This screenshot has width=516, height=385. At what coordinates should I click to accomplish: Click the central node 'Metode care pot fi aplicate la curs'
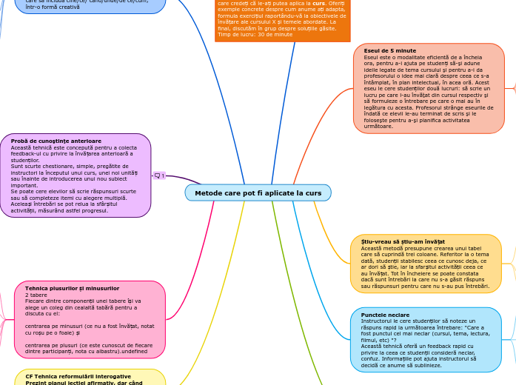258,193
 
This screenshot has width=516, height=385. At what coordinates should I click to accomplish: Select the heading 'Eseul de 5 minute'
389,50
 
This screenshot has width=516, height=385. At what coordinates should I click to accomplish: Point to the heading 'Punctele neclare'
385,315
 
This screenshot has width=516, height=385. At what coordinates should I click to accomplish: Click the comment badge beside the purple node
159,175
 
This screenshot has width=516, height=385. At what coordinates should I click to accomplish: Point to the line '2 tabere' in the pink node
36,295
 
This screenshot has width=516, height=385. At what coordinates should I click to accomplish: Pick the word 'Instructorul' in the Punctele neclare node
378,321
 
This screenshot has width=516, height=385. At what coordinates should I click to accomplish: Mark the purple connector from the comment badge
178,179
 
